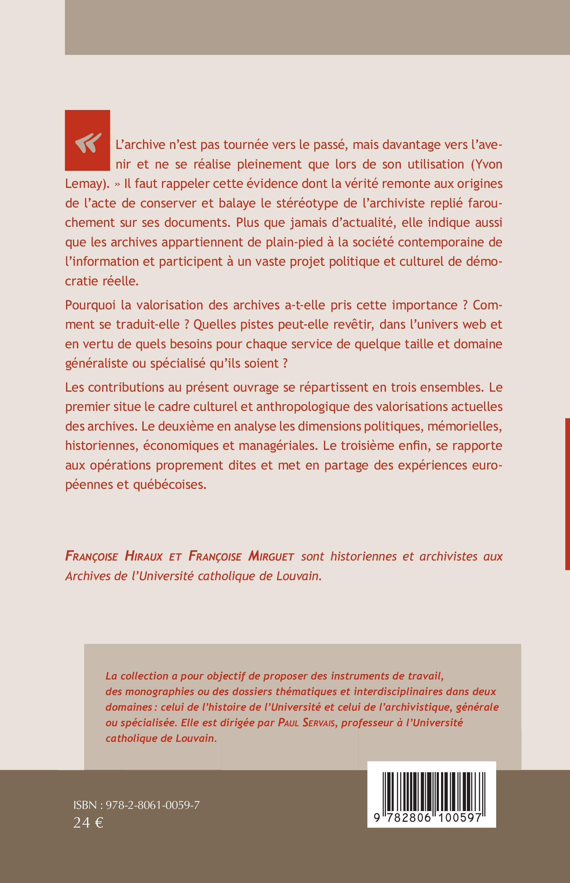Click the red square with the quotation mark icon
(87, 140)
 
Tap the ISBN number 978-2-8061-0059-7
(153, 805)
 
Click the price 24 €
(88, 823)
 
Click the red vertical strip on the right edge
(568, 494)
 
